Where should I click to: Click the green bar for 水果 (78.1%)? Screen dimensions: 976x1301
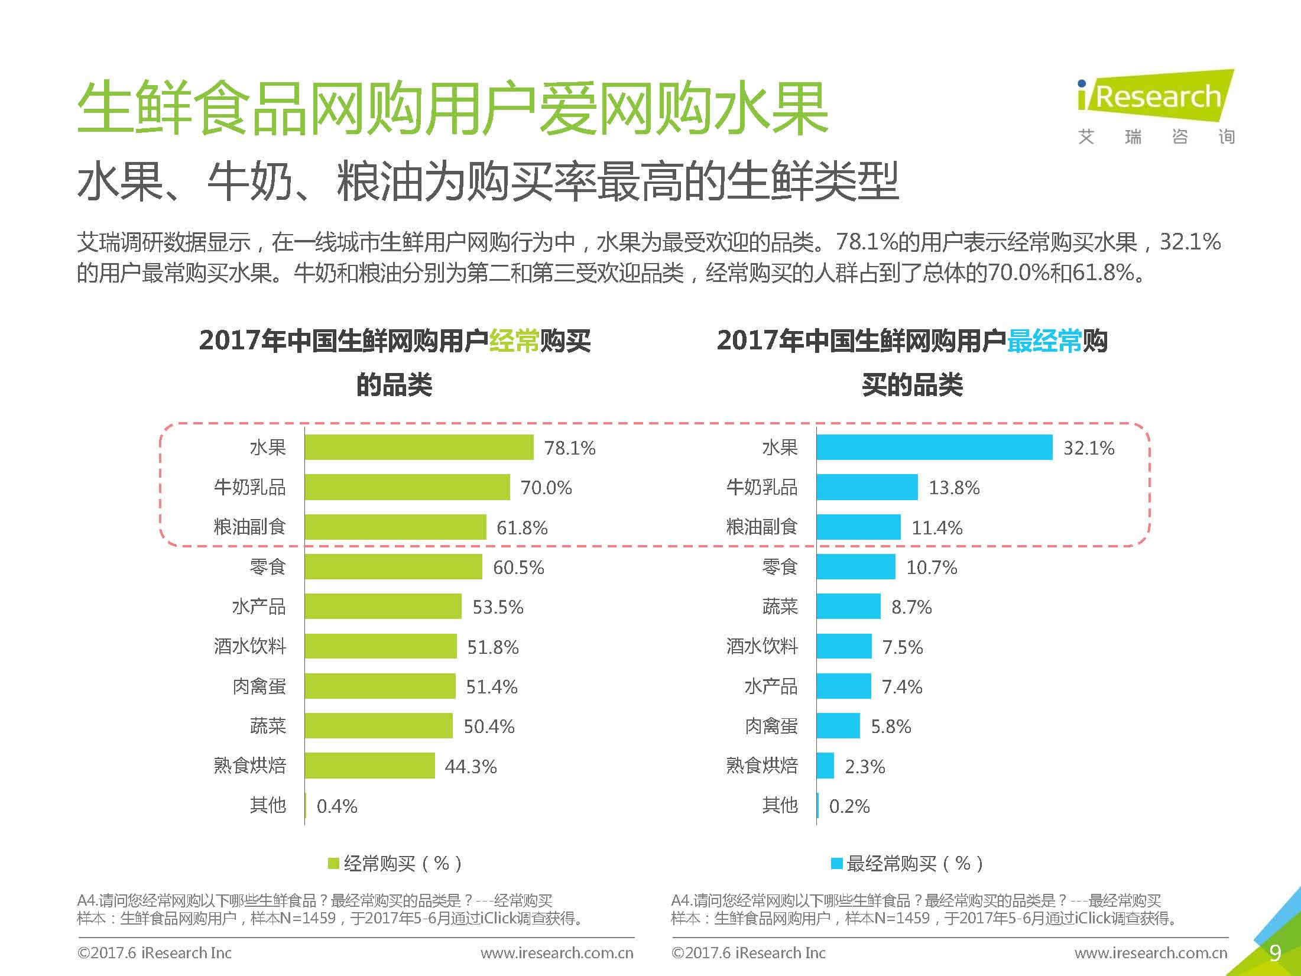[419, 448]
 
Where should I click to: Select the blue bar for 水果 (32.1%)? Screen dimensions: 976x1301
[935, 448]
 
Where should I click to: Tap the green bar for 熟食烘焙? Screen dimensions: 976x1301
[370, 766]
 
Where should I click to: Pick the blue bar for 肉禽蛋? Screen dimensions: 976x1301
[838, 726]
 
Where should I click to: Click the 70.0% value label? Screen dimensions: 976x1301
[546, 488]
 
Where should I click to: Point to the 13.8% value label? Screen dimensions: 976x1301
[954, 488]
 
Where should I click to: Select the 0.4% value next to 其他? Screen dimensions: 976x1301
[337, 806]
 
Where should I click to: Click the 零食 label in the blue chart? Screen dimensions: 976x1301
[780, 568]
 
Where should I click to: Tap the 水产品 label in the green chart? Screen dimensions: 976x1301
[259, 607]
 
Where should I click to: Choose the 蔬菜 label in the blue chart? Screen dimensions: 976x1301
[780, 607]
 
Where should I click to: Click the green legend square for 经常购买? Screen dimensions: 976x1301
[333, 864]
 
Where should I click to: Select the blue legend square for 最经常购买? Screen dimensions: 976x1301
[836, 864]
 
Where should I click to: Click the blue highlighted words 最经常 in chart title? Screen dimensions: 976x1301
[1044, 341]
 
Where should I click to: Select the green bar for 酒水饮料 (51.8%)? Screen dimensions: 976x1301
[381, 647]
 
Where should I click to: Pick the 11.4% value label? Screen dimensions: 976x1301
[937, 527]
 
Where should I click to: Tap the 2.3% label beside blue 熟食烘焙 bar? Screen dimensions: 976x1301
[865, 767]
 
